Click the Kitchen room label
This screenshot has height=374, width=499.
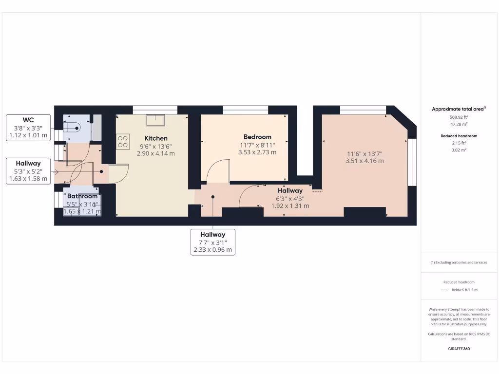156,138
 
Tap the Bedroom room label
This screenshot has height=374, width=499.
258,137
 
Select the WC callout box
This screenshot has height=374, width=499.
28,128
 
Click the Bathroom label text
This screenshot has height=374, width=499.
82,196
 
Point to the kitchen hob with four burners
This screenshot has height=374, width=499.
123,141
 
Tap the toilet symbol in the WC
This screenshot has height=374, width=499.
73,128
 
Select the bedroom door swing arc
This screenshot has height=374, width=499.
217,170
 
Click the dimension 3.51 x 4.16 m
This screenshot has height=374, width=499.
365,161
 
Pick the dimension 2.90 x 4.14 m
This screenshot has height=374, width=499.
156,153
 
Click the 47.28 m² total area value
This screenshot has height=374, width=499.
459,124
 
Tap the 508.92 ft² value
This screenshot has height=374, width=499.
459,117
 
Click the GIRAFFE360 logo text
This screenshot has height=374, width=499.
459,349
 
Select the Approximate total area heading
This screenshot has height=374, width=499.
459,109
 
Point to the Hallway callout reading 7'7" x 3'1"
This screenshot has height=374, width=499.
212,242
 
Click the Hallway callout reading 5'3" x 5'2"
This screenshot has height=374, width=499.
28,171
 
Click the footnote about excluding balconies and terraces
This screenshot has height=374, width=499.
459,262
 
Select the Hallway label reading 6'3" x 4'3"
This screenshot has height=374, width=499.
290,198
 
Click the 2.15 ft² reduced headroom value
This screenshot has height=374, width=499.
459,143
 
